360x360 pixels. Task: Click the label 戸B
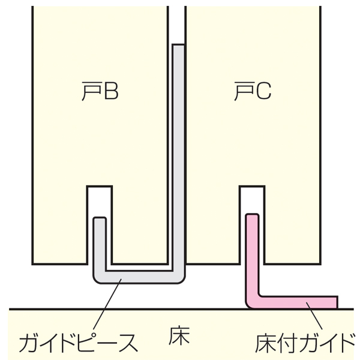[100, 91]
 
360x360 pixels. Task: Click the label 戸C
[253, 91]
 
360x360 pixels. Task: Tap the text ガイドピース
[78, 343]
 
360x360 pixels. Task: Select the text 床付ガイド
[305, 344]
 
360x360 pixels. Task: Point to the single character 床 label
[179, 336]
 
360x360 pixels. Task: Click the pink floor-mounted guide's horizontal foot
[298, 302]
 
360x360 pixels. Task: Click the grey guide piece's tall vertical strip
[178, 158]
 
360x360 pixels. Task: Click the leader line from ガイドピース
[107, 304]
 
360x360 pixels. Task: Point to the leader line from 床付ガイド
[314, 316]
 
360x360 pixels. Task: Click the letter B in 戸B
[112, 91]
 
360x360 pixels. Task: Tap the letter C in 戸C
[263, 91]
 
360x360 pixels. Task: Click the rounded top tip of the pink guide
[253, 215]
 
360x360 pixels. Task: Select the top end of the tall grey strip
[178, 45]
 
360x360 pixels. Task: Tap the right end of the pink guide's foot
[337, 302]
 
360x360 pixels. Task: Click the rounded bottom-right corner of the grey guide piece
[181, 281]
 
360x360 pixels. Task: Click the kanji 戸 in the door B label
[91, 91]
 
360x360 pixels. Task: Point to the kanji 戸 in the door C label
[244, 91]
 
